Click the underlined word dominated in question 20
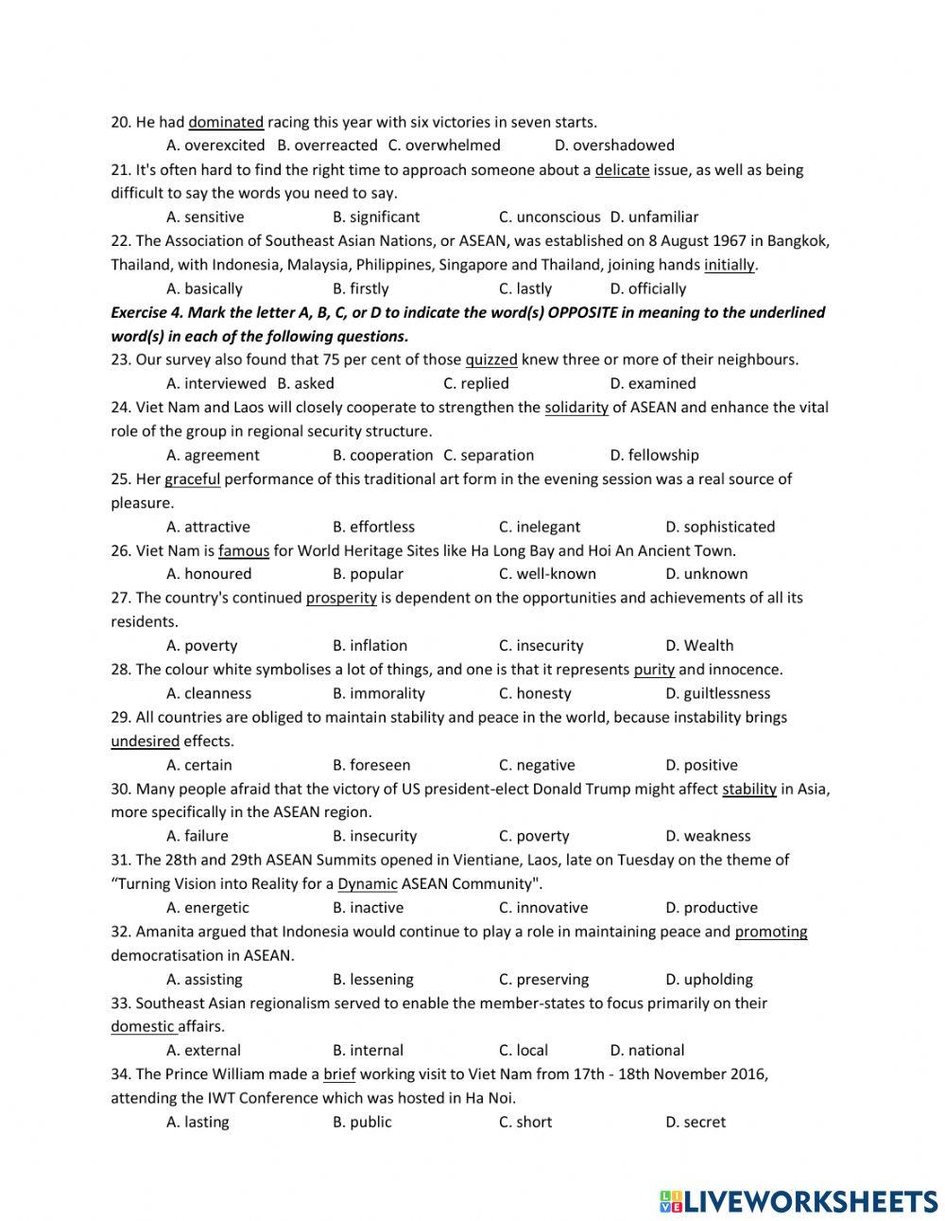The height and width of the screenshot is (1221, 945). click(x=226, y=122)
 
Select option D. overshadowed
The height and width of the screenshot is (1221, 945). click(x=614, y=146)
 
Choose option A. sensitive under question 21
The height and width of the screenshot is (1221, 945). click(x=205, y=217)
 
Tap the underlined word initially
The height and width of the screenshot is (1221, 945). click(x=730, y=265)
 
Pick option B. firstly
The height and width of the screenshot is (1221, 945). click(x=361, y=288)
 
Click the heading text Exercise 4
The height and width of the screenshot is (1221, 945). click(x=146, y=312)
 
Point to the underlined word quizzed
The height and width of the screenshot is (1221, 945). click(x=491, y=359)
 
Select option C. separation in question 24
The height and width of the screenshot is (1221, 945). click(x=489, y=455)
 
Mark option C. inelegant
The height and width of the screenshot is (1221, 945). click(x=540, y=527)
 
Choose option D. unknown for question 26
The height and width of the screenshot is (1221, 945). click(x=707, y=574)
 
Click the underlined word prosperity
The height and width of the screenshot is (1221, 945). click(x=341, y=598)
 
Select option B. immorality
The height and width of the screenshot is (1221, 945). click(x=379, y=693)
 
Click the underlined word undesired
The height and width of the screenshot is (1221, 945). click(x=145, y=741)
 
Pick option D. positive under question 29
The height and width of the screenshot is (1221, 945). click(x=701, y=765)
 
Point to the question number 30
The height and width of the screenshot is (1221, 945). click(x=120, y=789)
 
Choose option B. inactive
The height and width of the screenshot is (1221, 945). click(x=368, y=908)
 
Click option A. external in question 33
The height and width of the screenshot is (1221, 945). click(x=203, y=1051)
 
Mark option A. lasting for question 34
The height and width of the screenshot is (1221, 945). click(x=198, y=1123)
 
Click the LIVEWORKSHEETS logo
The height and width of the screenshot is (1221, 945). click(x=799, y=1201)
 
